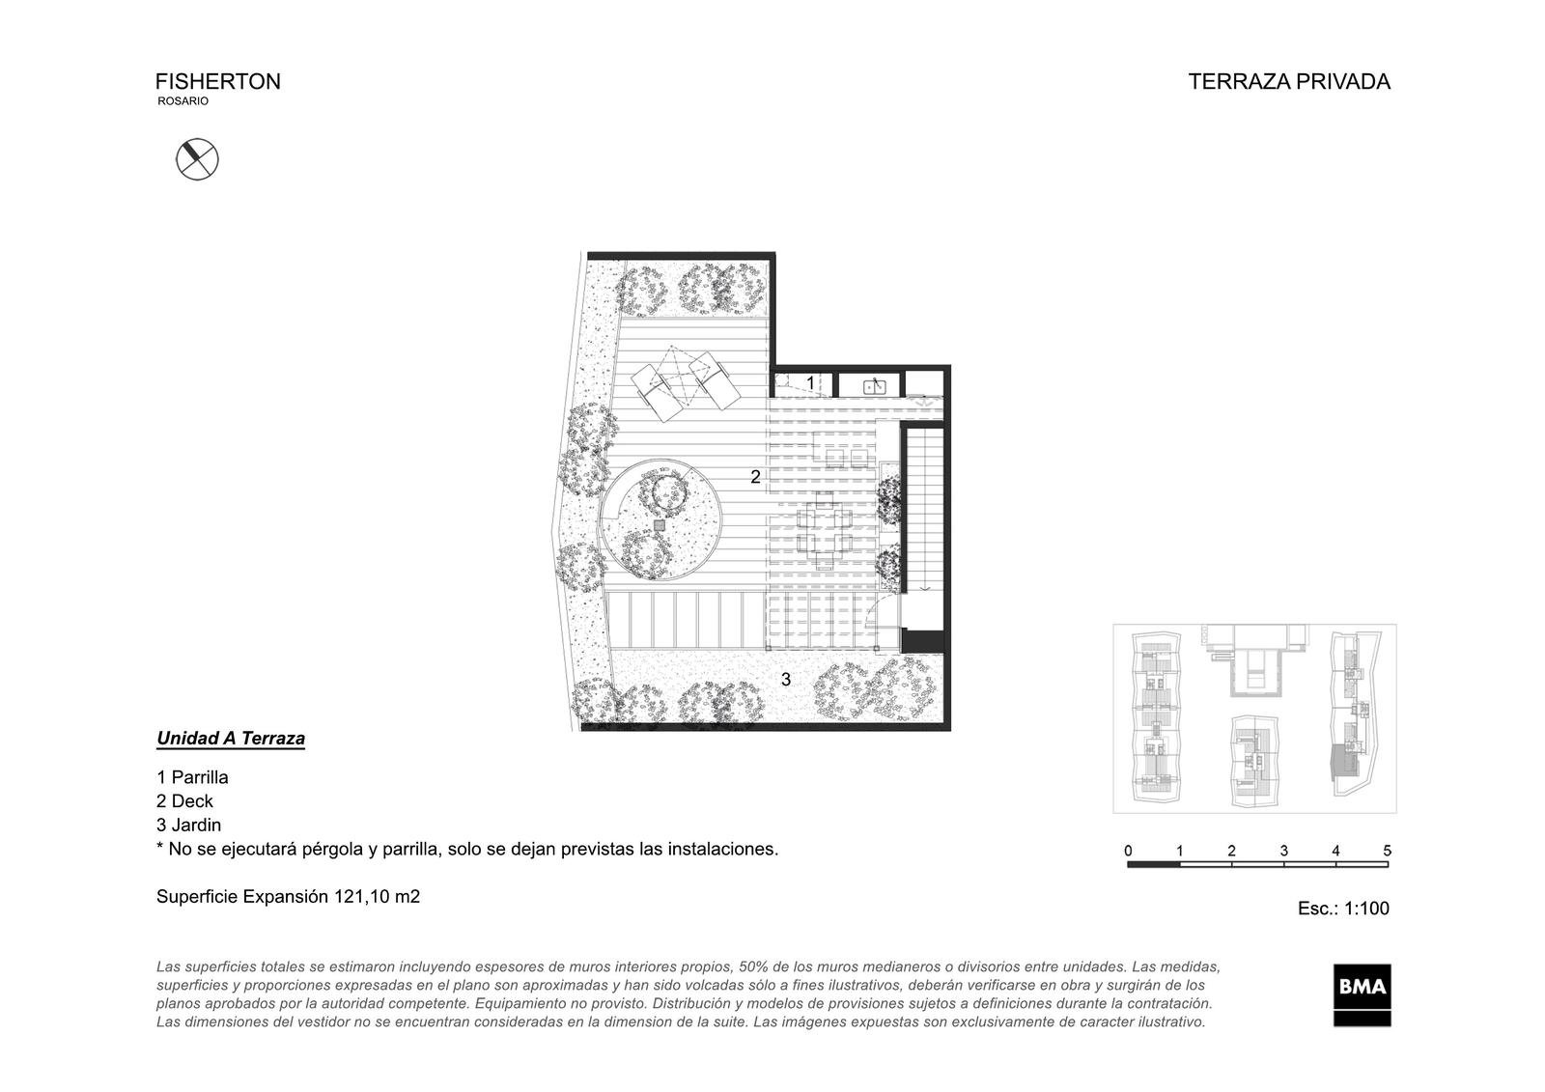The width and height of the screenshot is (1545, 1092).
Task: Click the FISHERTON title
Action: click(x=218, y=81)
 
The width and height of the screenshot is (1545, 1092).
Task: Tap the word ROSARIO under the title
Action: click(x=183, y=100)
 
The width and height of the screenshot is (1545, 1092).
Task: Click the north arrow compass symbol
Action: click(x=197, y=159)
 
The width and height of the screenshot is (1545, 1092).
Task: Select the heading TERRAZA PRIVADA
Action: click(x=1288, y=81)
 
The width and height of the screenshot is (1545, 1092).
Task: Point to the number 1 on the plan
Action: click(x=810, y=382)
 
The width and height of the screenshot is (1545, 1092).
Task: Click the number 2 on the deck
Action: click(x=755, y=477)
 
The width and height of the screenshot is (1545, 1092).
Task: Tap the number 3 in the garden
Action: click(x=786, y=680)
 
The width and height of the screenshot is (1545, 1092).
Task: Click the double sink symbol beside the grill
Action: click(x=875, y=387)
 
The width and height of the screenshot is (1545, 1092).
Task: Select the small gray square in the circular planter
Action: click(x=660, y=525)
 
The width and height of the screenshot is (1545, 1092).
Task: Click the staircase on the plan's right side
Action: click(x=923, y=511)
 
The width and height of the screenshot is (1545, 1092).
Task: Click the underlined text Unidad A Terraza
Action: click(x=231, y=739)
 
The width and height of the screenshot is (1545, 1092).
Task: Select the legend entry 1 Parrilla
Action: click(x=192, y=777)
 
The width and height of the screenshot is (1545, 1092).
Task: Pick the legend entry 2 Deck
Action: click(x=184, y=800)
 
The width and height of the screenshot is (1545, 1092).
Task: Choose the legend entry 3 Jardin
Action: click(x=189, y=826)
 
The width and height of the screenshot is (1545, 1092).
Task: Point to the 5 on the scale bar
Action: click(x=1387, y=851)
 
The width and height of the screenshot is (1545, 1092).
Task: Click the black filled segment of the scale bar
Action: click(x=1153, y=864)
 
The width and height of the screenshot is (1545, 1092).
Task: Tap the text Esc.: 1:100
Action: click(x=1343, y=909)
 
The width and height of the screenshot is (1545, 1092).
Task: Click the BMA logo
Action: click(x=1362, y=994)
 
